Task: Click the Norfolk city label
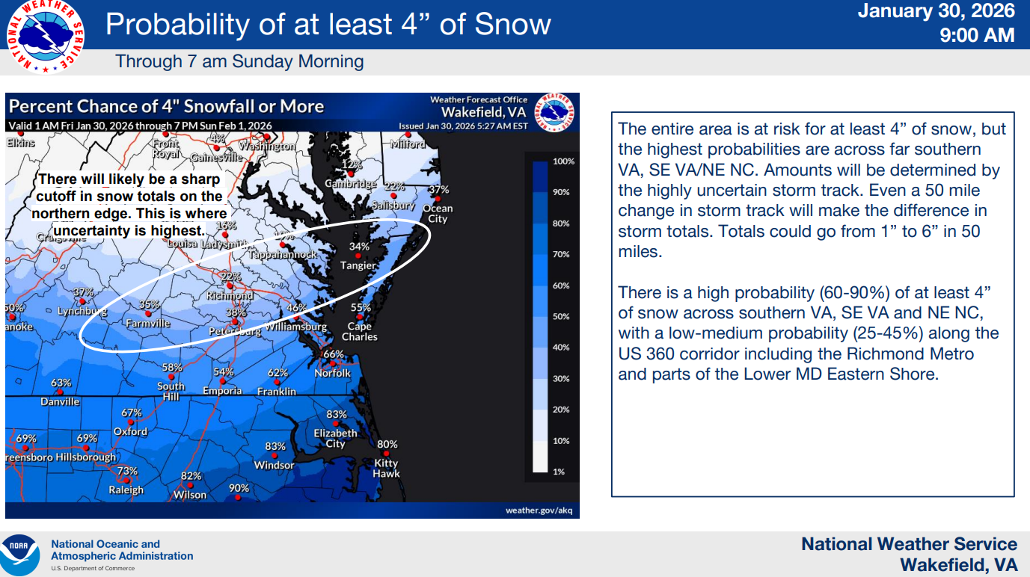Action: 332,373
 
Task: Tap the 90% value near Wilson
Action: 239,488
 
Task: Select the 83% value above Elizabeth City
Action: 337,415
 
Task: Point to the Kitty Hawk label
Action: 387,468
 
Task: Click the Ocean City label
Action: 438,214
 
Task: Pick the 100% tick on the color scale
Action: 563,161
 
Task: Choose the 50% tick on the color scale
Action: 561,317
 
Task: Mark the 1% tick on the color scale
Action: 559,472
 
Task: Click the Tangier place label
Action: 358,265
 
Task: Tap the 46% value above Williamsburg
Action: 297,307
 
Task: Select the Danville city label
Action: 60,401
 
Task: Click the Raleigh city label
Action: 126,490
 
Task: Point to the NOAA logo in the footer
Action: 19,554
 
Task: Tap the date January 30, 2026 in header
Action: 936,11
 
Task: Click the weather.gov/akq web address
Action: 539,510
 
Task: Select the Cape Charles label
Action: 360,332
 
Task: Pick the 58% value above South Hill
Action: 172,367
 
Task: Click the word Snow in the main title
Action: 513,24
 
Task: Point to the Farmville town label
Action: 147,324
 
